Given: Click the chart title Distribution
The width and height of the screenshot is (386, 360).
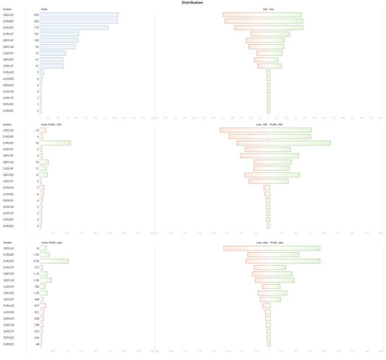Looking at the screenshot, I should click(x=192, y=3).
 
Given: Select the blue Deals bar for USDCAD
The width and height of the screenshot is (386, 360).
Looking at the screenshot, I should click(x=79, y=15).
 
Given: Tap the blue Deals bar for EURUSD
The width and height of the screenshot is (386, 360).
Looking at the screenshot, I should click(x=74, y=27).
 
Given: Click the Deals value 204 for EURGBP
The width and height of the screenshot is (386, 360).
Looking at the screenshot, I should click(x=36, y=21).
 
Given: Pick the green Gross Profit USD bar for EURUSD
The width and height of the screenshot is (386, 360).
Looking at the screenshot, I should click(x=55, y=143).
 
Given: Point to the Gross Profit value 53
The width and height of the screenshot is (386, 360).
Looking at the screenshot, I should click(x=37, y=143).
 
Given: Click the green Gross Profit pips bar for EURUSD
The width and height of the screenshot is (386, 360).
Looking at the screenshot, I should click(x=54, y=261).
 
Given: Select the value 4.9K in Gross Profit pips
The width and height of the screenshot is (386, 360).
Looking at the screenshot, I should click(x=36, y=261).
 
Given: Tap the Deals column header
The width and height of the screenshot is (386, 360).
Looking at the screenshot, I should click(x=44, y=8).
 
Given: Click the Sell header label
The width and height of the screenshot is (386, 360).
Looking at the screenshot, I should click(x=265, y=8).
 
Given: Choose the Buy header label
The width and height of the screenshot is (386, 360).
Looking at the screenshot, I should click(x=272, y=8).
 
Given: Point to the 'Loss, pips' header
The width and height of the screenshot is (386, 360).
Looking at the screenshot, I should click(x=262, y=242).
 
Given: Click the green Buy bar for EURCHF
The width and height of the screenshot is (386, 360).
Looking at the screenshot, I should click(x=279, y=34).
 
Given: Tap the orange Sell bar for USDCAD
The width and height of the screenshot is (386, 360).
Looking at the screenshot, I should click(x=245, y=15).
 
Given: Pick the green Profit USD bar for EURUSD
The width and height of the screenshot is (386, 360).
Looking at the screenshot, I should click(x=299, y=143).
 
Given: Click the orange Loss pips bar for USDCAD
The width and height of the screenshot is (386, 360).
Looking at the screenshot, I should click(x=246, y=248).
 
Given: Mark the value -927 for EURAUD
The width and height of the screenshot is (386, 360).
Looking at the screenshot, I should click(x=36, y=305).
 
